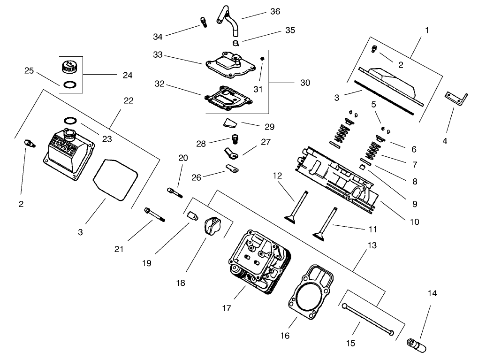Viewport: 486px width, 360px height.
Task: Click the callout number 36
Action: click(x=275, y=11)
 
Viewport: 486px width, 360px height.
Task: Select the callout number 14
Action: click(x=432, y=293)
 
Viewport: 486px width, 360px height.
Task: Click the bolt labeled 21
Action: click(x=155, y=214)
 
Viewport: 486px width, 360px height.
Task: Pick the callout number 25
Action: click(x=29, y=71)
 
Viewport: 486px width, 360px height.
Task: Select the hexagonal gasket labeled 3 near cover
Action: click(x=115, y=180)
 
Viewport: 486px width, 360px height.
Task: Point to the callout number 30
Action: click(x=305, y=82)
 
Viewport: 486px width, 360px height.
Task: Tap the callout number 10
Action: click(x=415, y=221)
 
